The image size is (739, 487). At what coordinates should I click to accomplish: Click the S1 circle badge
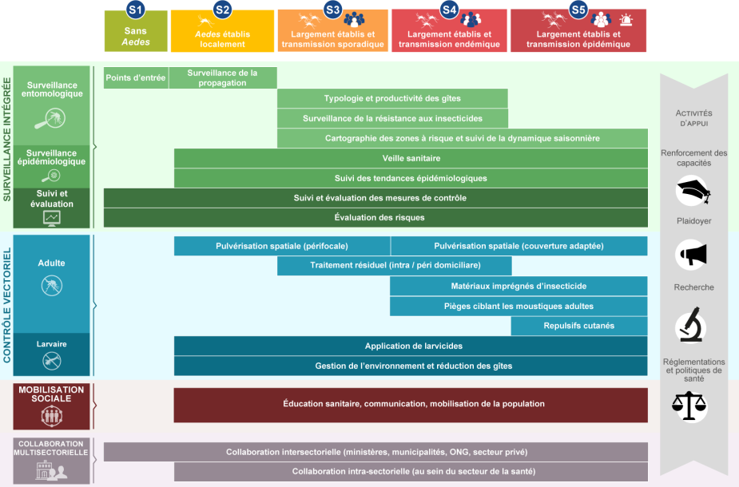(137, 10)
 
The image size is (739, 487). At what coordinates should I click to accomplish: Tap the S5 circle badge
(578, 10)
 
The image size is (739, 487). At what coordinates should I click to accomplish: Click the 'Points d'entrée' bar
(136, 77)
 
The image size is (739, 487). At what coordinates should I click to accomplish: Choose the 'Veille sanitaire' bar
(411, 158)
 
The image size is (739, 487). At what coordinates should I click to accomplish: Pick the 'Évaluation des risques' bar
(375, 217)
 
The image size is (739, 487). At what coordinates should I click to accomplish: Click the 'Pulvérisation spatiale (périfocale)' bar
(282, 246)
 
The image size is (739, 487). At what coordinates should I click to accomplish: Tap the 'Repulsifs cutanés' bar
(579, 326)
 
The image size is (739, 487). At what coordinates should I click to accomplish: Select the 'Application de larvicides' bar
(411, 346)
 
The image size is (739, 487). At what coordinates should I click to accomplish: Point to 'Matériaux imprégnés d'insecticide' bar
(518, 286)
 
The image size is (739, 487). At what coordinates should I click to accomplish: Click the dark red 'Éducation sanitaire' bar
(411, 404)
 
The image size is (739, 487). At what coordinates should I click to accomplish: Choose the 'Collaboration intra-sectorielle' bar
(411, 472)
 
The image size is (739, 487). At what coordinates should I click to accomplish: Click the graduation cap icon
(693, 192)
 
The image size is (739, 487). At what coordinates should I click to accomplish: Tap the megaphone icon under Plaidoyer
(693, 255)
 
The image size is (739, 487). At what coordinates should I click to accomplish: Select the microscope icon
(691, 325)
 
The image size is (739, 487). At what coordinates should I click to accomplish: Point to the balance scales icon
(692, 406)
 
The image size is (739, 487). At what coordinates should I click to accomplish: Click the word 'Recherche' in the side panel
(693, 287)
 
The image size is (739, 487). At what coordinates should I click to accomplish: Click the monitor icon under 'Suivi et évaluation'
(53, 218)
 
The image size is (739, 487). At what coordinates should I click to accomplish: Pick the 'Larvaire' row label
(52, 344)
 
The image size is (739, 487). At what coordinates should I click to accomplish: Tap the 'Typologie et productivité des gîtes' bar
(392, 98)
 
